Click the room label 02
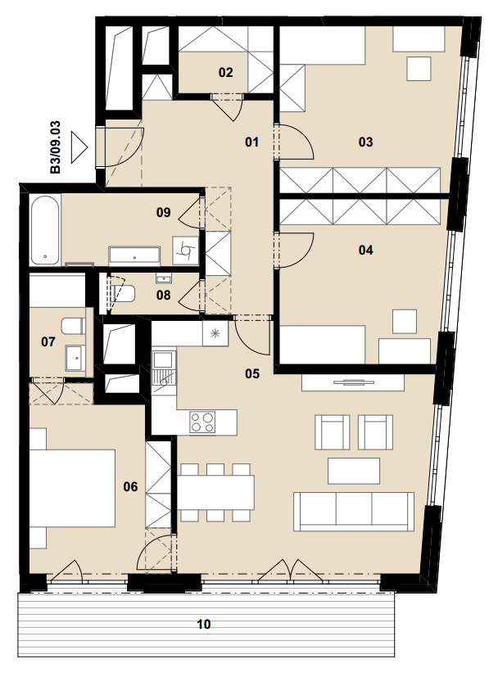[225, 73]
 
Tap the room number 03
[365, 142]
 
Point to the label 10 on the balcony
[203, 624]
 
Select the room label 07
[48, 341]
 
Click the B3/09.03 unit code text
[56, 147]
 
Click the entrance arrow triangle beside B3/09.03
[79, 147]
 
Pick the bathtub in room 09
[45, 230]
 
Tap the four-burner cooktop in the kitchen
[202, 422]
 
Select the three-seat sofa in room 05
[354, 512]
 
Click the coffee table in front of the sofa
[354, 471]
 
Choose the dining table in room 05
[215, 492]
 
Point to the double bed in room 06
[72, 488]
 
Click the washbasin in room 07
[75, 357]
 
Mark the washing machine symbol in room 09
[186, 250]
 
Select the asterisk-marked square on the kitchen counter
[216, 333]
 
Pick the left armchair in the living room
[332, 431]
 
